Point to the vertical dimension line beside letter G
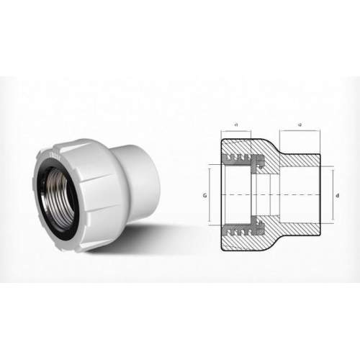210,194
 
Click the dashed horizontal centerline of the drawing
274,194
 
